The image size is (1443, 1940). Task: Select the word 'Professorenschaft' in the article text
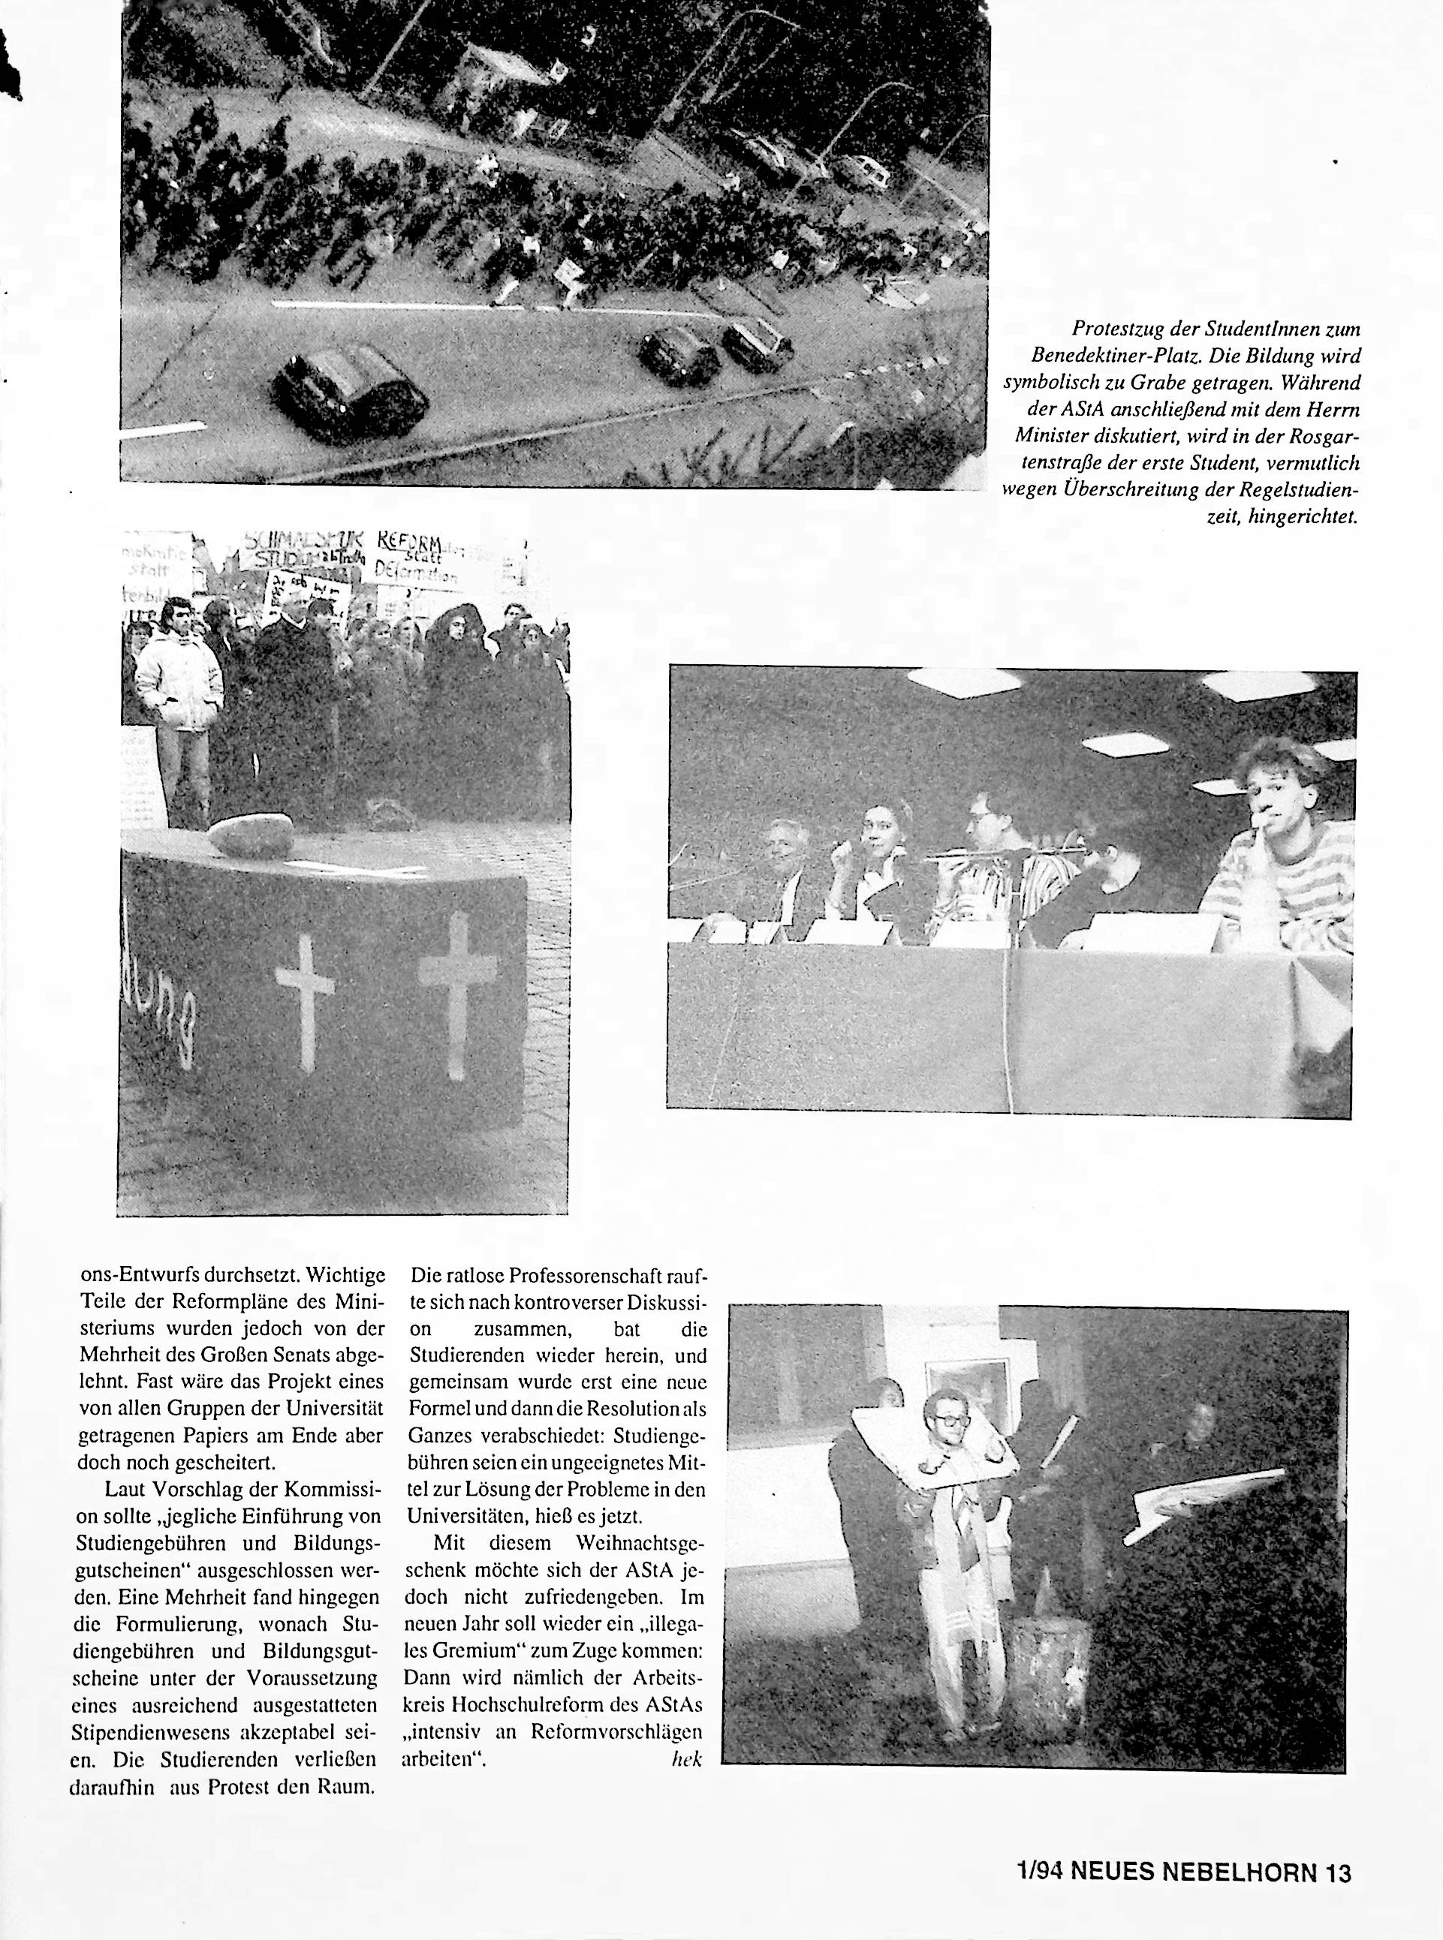pos(574,1277)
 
